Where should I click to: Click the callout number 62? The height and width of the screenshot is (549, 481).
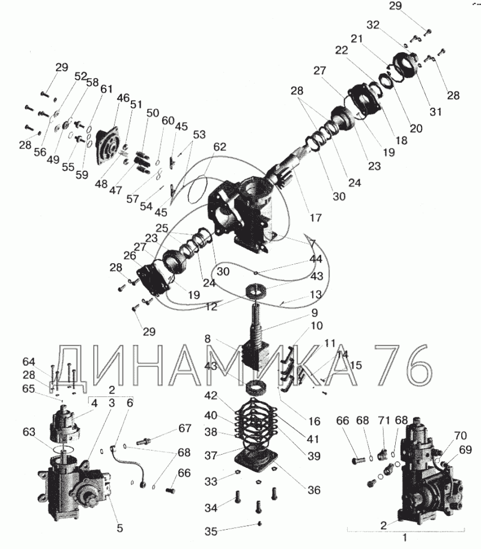click(x=220, y=147)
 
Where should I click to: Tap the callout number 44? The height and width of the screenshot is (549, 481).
click(x=316, y=259)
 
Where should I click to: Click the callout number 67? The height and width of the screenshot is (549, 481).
click(x=184, y=428)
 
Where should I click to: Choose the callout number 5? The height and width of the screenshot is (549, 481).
click(x=119, y=528)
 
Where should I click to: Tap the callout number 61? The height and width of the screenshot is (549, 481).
click(x=106, y=89)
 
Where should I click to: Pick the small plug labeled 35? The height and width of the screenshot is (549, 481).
click(x=259, y=523)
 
